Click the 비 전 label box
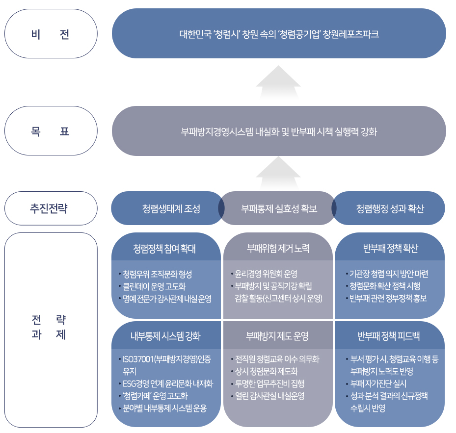click(51, 34)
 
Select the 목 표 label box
click(51, 131)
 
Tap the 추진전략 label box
click(51, 208)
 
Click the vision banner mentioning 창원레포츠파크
click(279, 34)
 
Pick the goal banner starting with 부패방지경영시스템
click(279, 131)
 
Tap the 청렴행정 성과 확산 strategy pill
click(390, 208)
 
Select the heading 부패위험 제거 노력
click(278, 248)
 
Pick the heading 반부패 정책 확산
click(390, 248)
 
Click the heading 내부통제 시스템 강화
click(165, 336)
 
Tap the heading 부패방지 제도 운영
click(277, 336)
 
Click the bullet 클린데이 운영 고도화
click(154, 286)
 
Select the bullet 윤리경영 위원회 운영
click(266, 274)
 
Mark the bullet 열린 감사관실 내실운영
click(269, 396)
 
